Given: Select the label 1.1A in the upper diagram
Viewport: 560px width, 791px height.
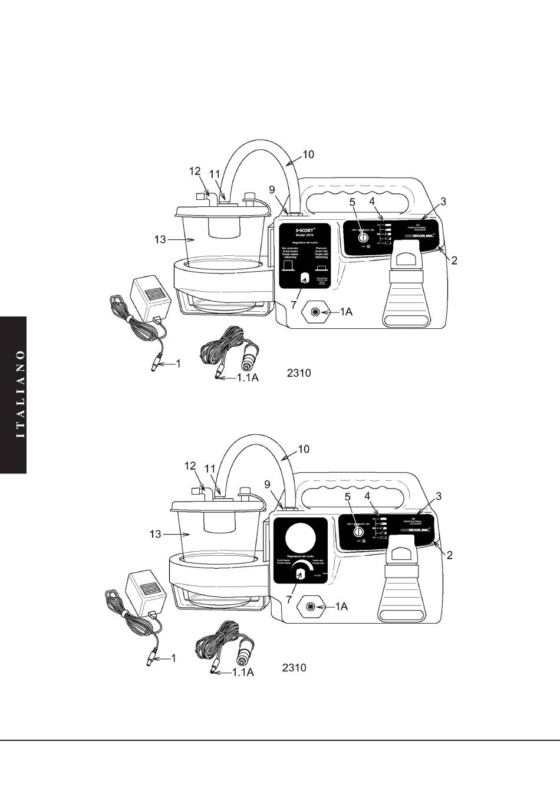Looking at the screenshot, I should pos(248,378).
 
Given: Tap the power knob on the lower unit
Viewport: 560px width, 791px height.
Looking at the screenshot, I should pos(357,531).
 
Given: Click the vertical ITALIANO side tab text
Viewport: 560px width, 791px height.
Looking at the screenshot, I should pos(21,394).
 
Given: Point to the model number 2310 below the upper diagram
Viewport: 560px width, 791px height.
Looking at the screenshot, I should pos(298,373).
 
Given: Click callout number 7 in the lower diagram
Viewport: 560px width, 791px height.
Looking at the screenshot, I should pos(288,599).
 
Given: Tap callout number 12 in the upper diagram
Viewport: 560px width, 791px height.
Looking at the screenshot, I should pos(195,171).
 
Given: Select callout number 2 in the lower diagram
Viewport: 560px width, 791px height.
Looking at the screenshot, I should pos(450,555).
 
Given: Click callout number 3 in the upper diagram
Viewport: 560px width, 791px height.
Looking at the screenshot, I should pos(443,201).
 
